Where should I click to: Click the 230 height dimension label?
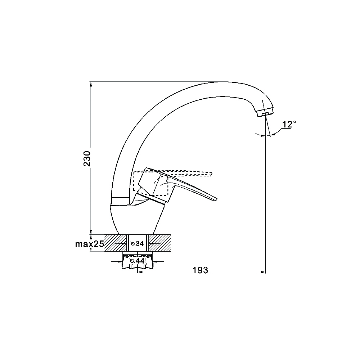click(87, 158)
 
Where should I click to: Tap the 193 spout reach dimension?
click(200, 270)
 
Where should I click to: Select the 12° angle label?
click(289, 124)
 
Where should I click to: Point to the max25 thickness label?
click(90, 244)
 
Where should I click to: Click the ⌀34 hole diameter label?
click(137, 243)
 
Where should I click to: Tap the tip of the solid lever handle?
click(216, 199)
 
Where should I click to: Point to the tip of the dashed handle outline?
click(212, 174)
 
